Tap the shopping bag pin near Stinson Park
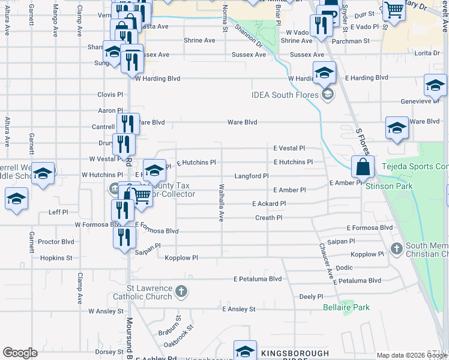[x=363, y=167]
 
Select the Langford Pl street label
[x=251, y=176]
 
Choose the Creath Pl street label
[x=268, y=218]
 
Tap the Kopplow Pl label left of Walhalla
[x=181, y=258]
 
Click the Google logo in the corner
[x=20, y=353]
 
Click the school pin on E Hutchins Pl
[x=154, y=171]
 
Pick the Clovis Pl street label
[x=110, y=95]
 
